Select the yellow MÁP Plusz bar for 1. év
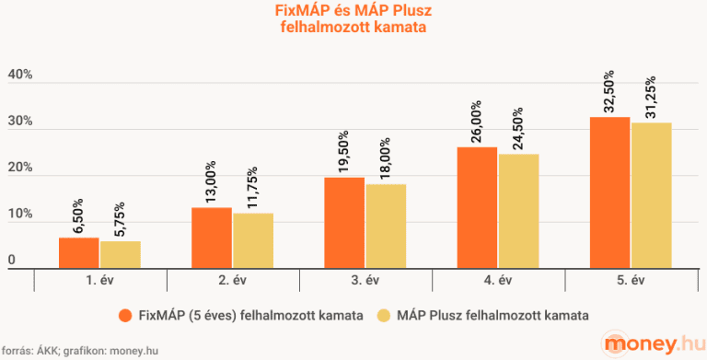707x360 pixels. (x=120, y=254)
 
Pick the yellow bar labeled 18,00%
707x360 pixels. (x=386, y=226)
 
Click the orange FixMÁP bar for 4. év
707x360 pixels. (x=477, y=207)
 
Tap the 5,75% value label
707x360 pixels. (x=120, y=217)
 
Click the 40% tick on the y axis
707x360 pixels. (x=20, y=75)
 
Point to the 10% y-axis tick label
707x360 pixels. (x=20, y=215)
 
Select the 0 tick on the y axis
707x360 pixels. (x=12, y=261)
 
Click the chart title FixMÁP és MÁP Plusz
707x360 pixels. (x=354, y=11)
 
